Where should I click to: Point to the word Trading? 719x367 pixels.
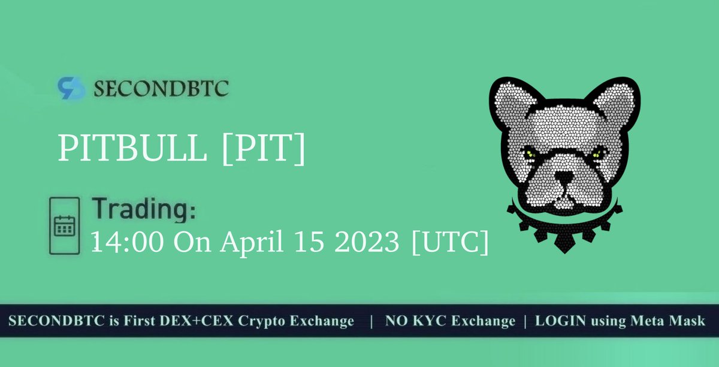click(x=144, y=211)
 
